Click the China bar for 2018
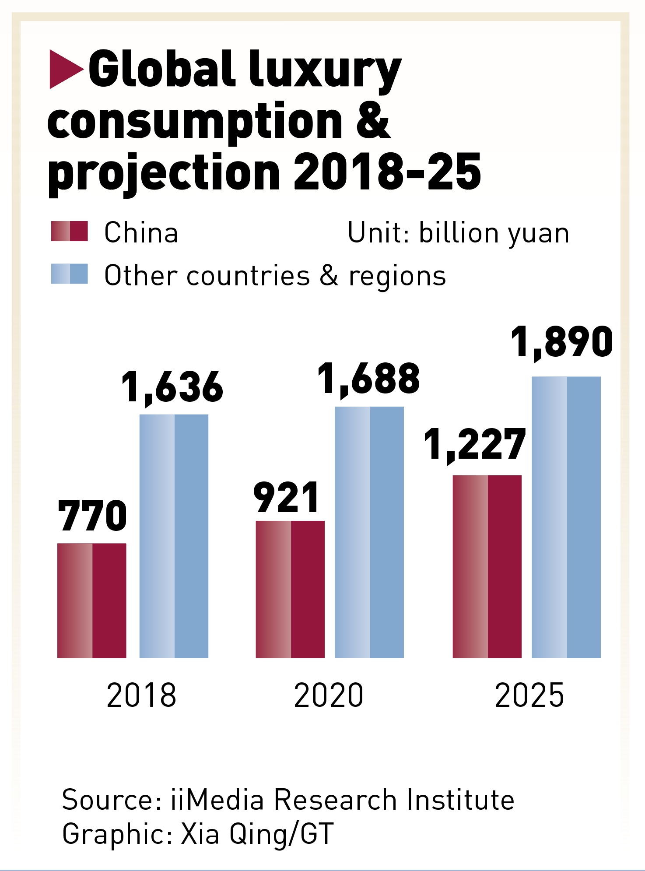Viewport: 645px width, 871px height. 92,601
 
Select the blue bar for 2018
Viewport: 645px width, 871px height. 174,536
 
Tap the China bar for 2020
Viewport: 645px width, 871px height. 290,589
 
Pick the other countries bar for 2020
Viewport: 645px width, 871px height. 369,532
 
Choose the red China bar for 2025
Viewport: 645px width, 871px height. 487,566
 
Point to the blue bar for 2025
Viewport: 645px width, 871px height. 566,517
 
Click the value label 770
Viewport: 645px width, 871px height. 92,516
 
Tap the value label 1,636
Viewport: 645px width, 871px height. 172,387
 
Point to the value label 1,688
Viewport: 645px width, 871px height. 368,379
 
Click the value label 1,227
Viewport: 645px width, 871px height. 475,445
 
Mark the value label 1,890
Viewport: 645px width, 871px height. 562,342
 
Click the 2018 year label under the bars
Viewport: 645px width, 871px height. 141,695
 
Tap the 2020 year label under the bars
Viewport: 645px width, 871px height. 329,695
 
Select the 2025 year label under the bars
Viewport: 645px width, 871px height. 529,695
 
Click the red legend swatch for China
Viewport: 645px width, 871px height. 70,232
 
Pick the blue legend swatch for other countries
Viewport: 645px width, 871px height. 70,274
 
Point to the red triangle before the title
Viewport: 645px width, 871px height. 65,69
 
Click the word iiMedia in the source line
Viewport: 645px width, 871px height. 217,800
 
